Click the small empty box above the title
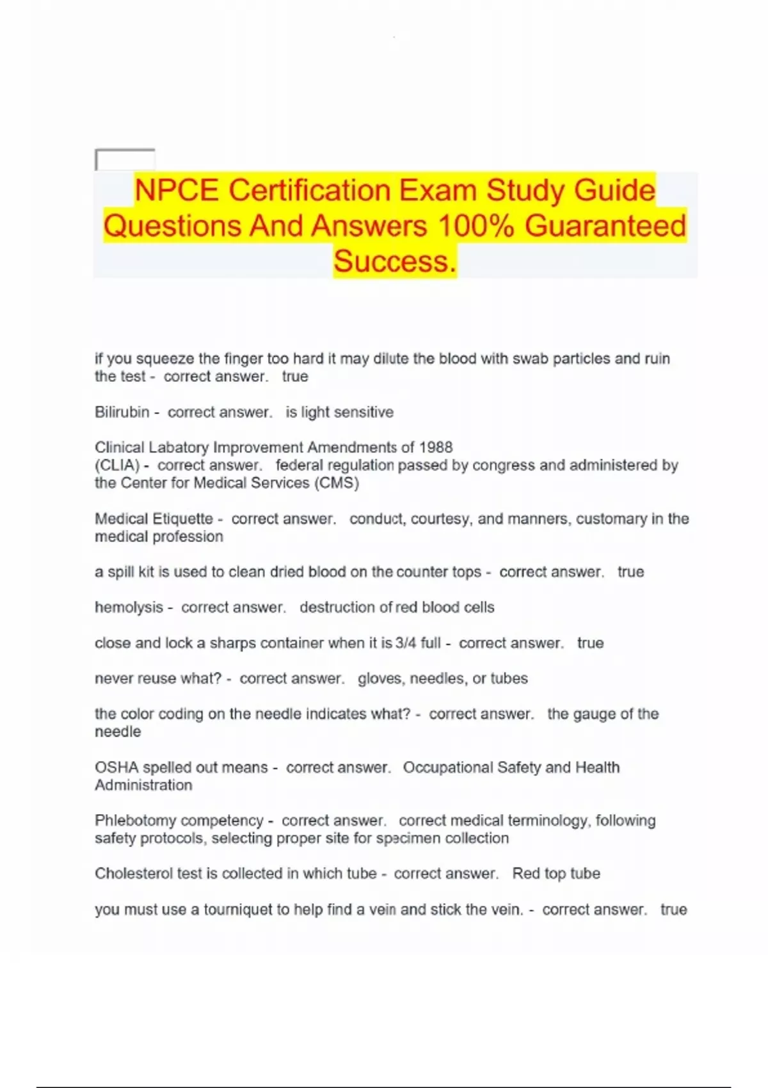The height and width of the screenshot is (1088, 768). (125, 159)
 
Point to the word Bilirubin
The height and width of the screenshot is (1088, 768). (122, 412)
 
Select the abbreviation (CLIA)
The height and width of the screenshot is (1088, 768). (117, 465)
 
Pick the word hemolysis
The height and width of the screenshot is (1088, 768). (129, 607)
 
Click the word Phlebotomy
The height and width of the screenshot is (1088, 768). (133, 820)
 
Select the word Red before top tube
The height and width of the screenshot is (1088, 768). (526, 874)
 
